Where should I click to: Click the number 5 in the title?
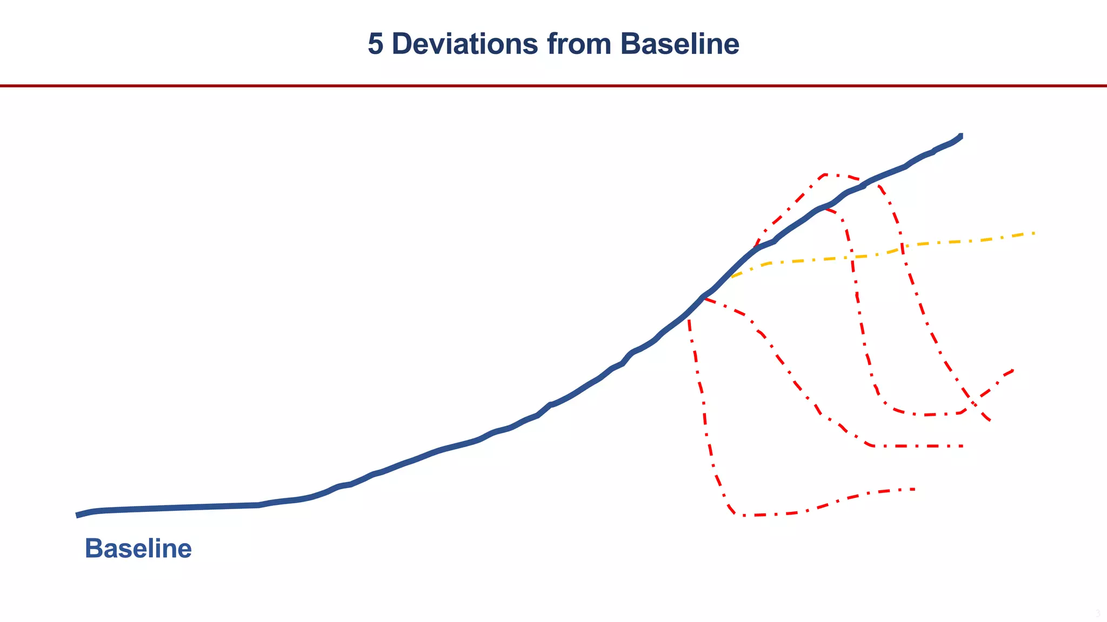point(376,44)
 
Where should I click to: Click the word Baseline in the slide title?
point(679,44)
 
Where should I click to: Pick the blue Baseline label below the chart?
point(138,549)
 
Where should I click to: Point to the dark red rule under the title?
point(553,86)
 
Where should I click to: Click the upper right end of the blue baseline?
point(961,135)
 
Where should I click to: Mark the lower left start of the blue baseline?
point(77,516)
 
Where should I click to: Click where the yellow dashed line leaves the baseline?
point(731,277)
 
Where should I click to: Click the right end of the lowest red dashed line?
point(913,489)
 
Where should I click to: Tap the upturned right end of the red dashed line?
point(1012,370)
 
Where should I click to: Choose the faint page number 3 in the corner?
point(1097,613)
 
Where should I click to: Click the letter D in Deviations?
point(401,44)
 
